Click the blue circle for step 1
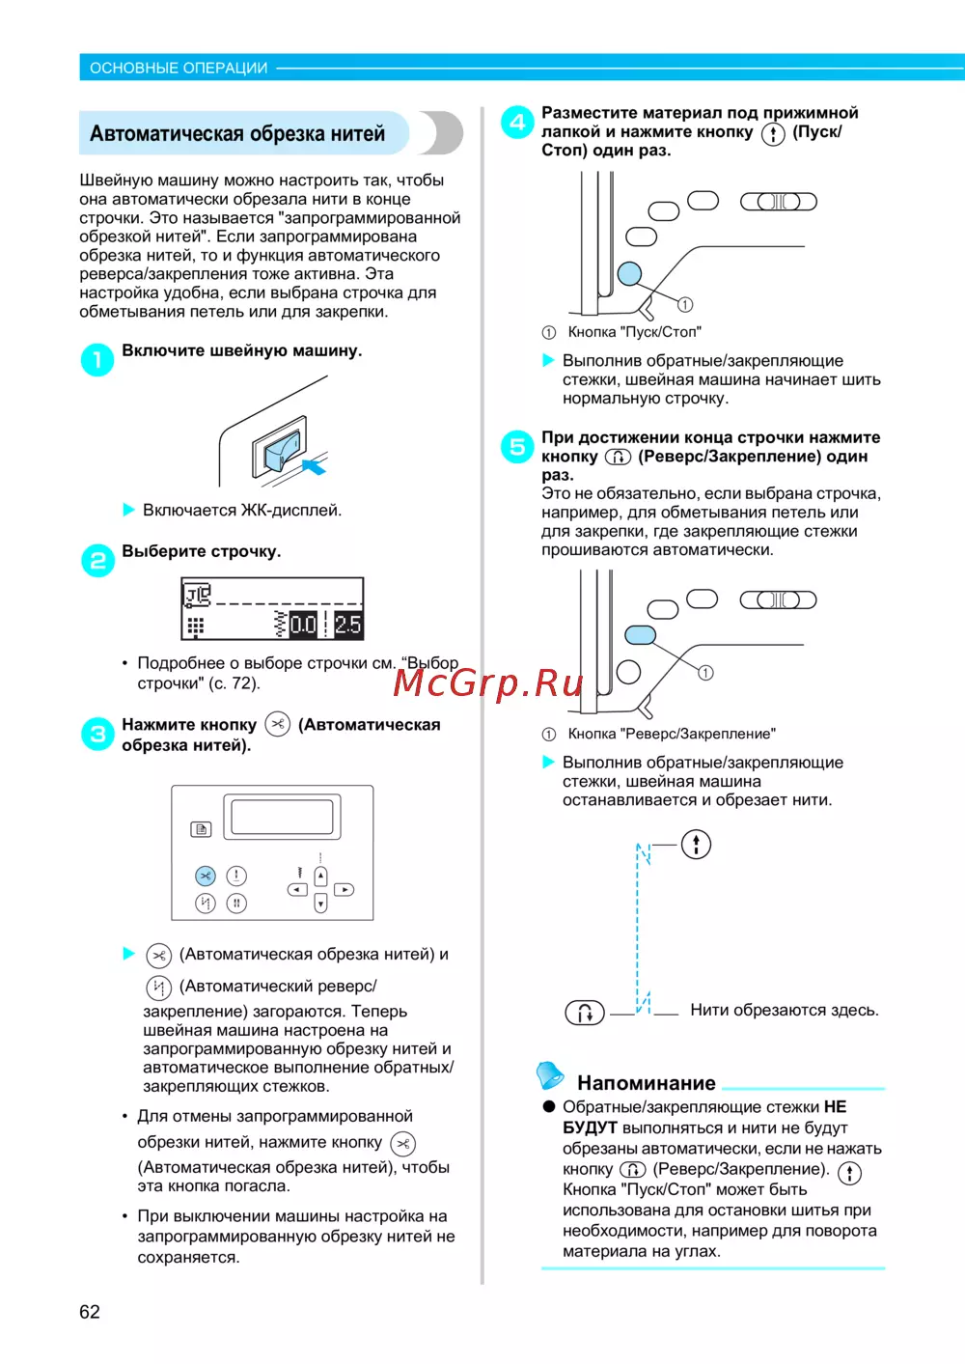pos(97,360)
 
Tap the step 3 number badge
pos(97,735)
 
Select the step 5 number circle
pos(517,447)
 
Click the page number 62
pos(90,1312)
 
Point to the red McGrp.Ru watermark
pos(488,683)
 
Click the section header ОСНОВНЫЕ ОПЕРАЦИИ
pos(179,68)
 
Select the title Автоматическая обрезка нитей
pos(237,133)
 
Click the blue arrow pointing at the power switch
pos(314,467)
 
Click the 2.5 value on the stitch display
pos(347,625)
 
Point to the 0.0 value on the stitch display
pos(303,625)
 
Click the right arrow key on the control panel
pos(345,890)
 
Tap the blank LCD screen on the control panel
pos(282,817)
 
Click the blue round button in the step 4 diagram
pos(629,273)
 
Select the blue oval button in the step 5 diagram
pos(641,634)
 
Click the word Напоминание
pos(647,1083)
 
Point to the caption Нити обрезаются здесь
pos(784,1011)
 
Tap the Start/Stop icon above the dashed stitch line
pos(696,845)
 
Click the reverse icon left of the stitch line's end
pos(585,1013)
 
